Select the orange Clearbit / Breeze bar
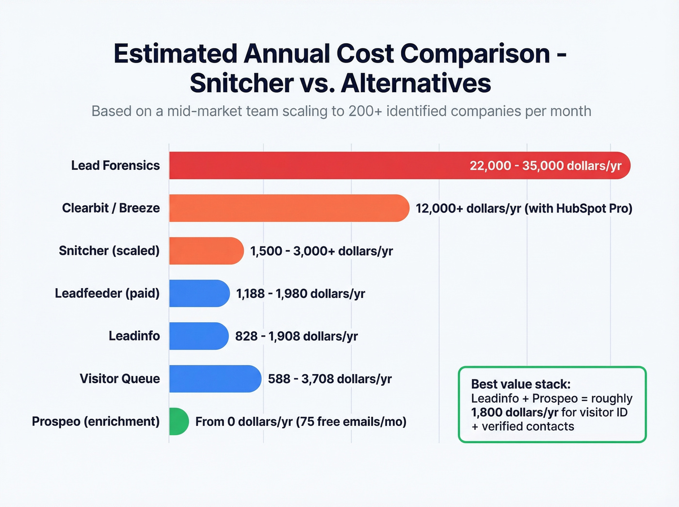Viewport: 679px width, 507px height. (x=289, y=208)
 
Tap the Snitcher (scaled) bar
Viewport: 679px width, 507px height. (x=206, y=251)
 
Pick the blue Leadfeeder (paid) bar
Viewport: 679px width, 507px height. (x=199, y=294)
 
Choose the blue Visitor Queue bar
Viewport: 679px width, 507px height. (x=215, y=379)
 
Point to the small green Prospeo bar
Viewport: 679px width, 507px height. (x=178, y=422)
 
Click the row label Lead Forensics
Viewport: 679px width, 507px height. (x=115, y=165)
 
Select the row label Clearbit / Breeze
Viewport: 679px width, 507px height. (x=111, y=208)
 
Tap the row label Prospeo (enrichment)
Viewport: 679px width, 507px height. (x=96, y=422)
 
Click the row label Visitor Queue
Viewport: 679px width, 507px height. (x=120, y=379)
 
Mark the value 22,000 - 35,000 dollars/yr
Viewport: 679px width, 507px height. (x=545, y=166)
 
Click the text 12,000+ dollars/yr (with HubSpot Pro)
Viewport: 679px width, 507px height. (x=524, y=209)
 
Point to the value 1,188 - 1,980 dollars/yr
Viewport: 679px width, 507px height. (x=300, y=294)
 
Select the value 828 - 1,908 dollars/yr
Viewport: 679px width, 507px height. (x=296, y=336)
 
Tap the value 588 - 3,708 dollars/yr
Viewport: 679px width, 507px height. (x=330, y=379)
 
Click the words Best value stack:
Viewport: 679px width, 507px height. (x=521, y=384)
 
